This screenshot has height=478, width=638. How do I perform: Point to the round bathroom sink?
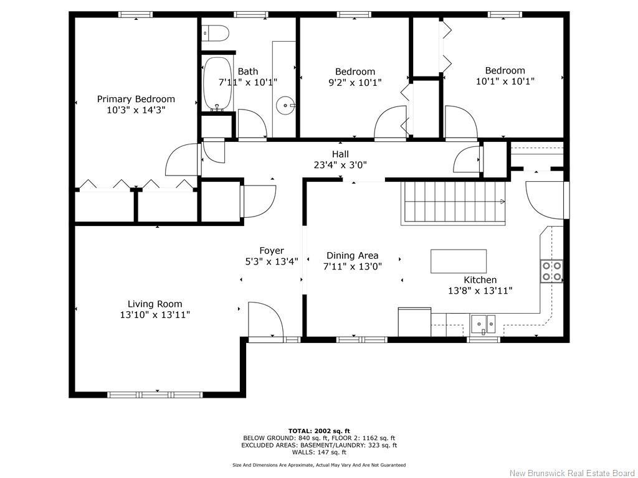click(x=287, y=106)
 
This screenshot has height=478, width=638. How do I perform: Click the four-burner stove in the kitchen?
click(x=552, y=271)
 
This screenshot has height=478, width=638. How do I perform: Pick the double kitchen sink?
click(x=483, y=322)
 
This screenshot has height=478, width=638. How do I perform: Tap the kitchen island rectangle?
click(x=459, y=261)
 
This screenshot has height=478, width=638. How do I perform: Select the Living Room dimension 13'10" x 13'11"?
click(x=155, y=315)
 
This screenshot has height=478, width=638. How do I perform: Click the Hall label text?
click(x=340, y=154)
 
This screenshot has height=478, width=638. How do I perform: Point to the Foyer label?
click(x=272, y=251)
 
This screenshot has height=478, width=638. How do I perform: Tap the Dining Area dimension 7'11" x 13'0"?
click(x=353, y=266)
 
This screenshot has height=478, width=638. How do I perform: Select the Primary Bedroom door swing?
click(x=181, y=160)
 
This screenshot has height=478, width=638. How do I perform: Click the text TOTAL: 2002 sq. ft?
click(x=319, y=431)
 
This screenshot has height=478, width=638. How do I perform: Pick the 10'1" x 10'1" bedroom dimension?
click(x=505, y=81)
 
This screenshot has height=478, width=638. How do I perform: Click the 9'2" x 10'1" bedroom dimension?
click(x=355, y=82)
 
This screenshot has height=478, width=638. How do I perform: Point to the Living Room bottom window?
click(x=155, y=395)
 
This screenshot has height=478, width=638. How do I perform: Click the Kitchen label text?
click(x=480, y=280)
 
